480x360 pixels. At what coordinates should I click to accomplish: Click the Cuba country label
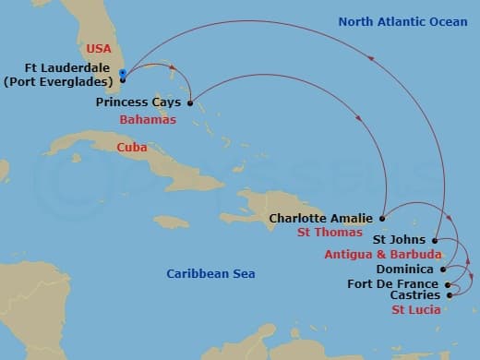tap(132, 148)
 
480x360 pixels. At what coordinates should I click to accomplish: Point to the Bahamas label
tap(148, 120)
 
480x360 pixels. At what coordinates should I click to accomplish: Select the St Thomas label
tap(328, 234)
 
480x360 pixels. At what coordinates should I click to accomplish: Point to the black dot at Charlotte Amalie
tap(382, 219)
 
